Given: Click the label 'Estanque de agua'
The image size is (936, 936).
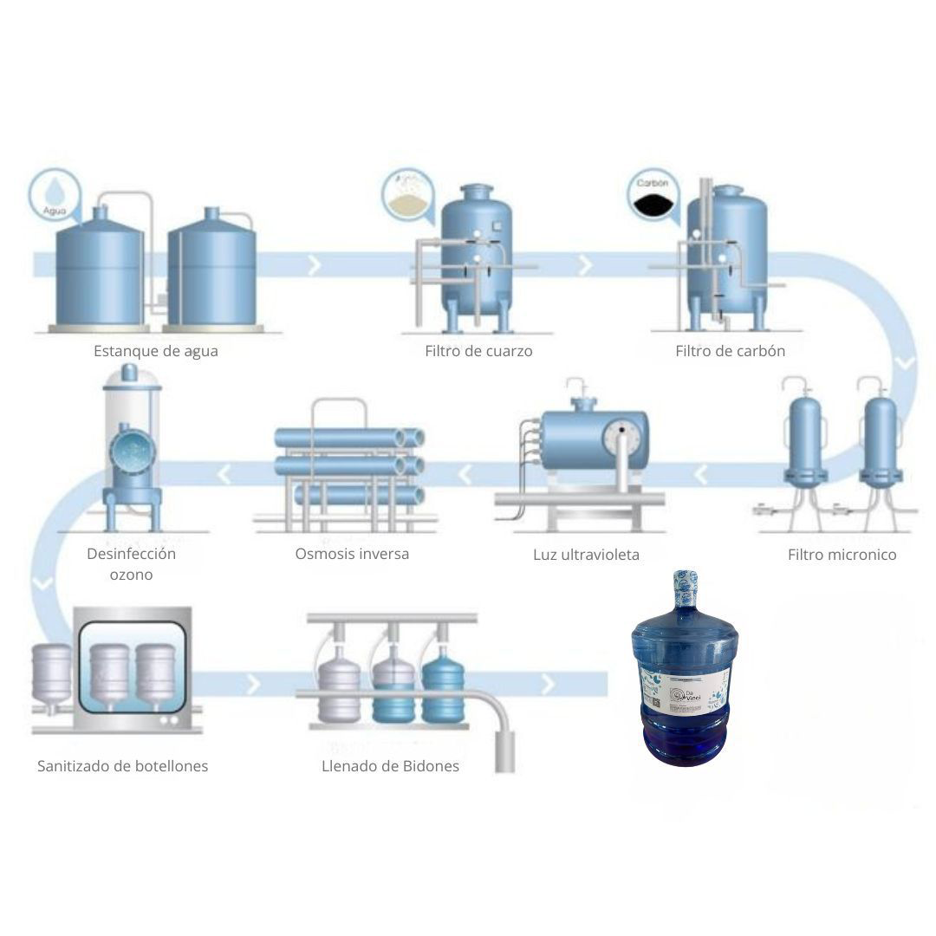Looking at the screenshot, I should tap(156, 351).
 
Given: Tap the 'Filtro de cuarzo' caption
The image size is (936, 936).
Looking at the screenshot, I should tap(478, 351).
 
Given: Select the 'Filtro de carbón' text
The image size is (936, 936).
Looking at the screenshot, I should tap(730, 351).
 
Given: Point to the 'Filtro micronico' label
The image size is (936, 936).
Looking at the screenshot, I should tap(842, 555).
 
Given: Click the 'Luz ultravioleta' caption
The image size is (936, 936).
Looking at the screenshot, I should tap(586, 555).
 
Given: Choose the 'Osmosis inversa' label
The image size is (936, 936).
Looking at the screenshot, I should tap(352, 553).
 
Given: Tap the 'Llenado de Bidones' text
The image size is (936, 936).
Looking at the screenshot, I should tap(390, 766).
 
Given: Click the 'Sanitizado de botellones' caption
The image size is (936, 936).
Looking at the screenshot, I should tap(122, 766).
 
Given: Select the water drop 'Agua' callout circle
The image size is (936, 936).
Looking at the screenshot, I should tap(54, 195).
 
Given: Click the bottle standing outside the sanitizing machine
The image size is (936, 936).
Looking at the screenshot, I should tap(52, 676).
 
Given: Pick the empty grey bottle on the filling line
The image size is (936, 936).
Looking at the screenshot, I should tap(340, 689).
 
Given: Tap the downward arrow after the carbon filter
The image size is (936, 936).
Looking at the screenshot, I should tap(903, 362).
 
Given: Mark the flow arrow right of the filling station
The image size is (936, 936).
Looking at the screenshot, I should tap(548, 685).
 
